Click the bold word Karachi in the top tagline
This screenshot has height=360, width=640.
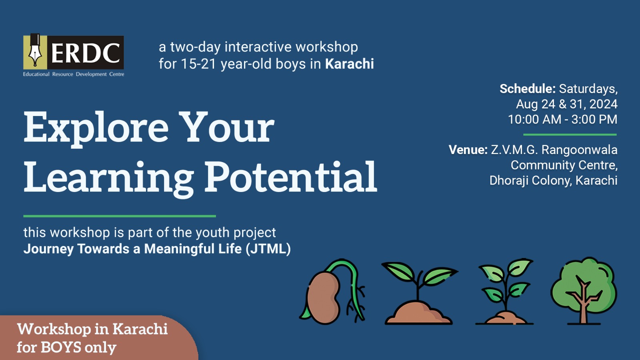coord(350,64)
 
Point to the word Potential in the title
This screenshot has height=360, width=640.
coord(291,177)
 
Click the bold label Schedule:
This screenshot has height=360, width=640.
coord(528,89)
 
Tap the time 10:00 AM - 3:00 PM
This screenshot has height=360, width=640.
coord(562,119)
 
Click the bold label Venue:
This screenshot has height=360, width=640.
coord(468,150)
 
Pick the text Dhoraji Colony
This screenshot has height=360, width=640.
coord(530,180)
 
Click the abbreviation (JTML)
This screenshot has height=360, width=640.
coord(268,248)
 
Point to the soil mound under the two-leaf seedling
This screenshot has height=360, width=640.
coord(418,313)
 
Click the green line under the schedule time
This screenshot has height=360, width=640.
coord(570,134)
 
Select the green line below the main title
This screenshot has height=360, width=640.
coord(120,216)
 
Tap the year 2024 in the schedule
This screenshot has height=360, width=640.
coord(603,104)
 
